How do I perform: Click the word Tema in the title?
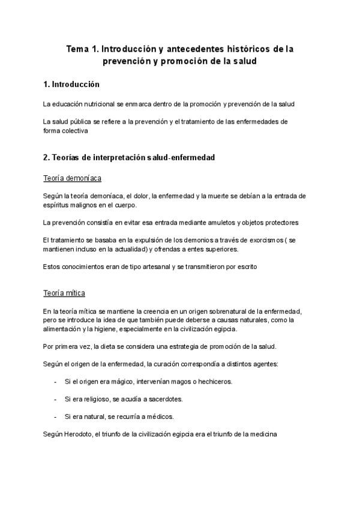pos(77,49)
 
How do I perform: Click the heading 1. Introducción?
pos(71,84)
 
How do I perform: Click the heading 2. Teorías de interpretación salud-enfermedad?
pos(129,158)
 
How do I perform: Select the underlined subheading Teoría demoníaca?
pos(72,178)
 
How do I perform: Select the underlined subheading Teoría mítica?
pos(64,293)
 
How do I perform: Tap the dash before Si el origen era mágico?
pos(55,382)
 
